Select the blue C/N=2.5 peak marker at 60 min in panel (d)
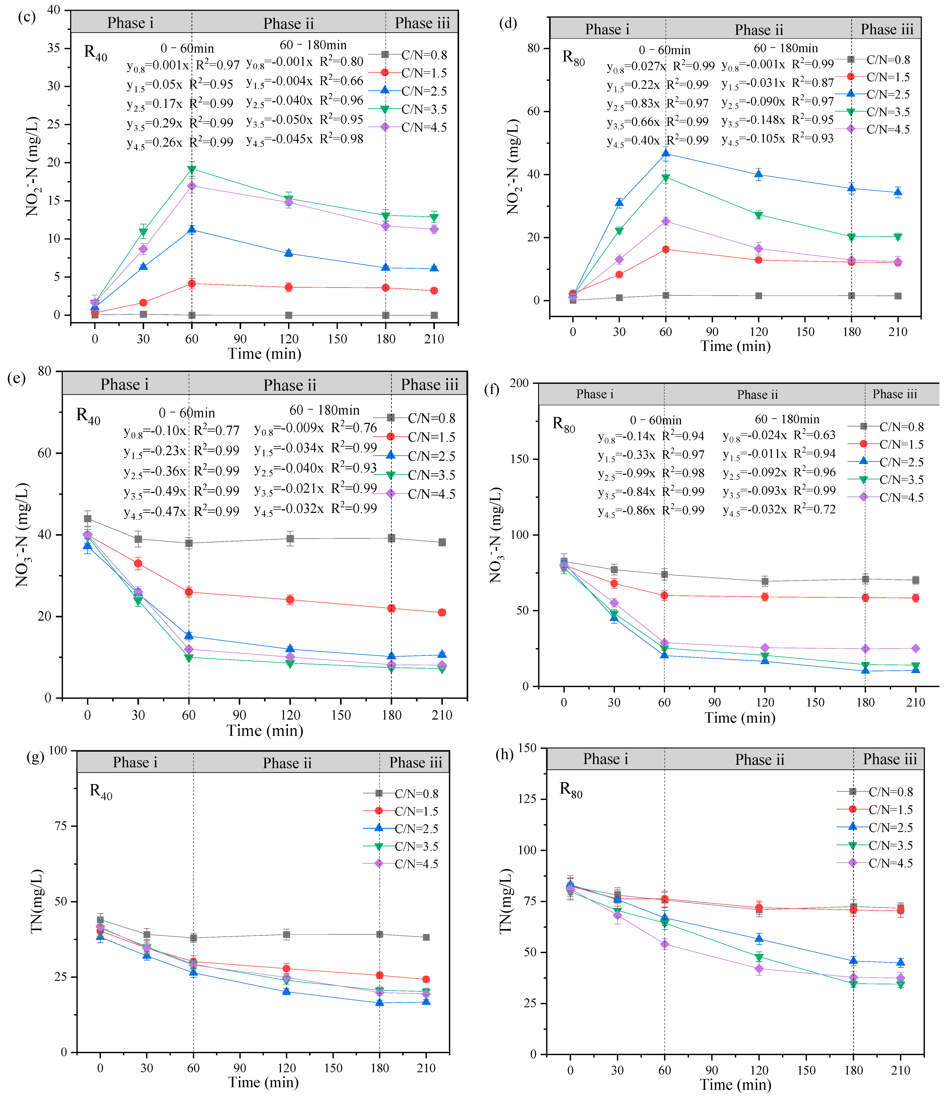pos(666,154)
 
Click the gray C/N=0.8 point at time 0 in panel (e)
pos(87,518)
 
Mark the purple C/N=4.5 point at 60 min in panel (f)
pos(664,643)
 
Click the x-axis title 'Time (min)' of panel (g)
pos(263,1082)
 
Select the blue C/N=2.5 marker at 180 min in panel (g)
pos(380,1002)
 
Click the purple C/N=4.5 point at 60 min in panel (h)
pos(665,944)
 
